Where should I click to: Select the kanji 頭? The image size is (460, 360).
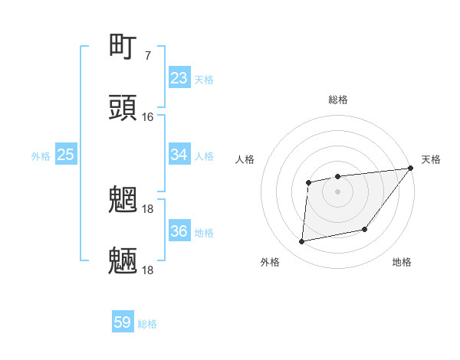coord(123,108)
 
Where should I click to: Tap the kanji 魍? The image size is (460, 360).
coord(123,200)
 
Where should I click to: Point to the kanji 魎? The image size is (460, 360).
coord(123,260)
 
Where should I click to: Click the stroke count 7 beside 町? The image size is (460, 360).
coord(147,56)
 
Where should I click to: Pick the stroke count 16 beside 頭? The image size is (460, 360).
coord(147,117)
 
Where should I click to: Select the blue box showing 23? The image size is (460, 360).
coord(179,78)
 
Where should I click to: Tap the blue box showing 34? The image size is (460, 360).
coord(179,155)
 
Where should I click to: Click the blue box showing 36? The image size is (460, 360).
coord(179,231)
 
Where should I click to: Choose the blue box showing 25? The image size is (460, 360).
coord(66,155)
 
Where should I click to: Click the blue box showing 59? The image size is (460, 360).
coord(123,322)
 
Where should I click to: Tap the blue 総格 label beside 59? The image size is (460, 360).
coord(148,324)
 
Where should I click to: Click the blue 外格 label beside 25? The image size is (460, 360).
coord(41,156)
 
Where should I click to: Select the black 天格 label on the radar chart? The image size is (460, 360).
coord(431,159)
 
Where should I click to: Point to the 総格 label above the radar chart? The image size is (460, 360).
coord(338,100)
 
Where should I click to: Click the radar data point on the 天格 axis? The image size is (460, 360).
coord(410,169)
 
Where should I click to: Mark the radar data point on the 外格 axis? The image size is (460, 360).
coord(302,242)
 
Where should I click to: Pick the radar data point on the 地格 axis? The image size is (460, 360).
coord(365,229)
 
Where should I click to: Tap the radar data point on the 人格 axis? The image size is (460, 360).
coord(309,182)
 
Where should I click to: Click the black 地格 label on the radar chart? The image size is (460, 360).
coord(402,262)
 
